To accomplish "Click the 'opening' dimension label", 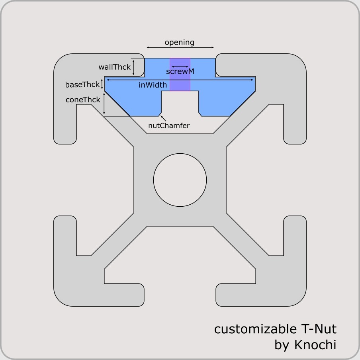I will click(179, 42).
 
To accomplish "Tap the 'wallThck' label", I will click(115, 67).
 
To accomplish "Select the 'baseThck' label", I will click(82, 85).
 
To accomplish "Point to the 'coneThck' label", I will click(83, 100).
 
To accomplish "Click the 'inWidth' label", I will click(153, 85).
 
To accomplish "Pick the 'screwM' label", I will click(180, 72).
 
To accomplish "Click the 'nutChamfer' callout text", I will click(169, 126).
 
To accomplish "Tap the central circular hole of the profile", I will click(180, 179).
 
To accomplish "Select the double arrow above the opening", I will click(180, 47).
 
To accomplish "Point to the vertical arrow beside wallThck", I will click(134, 67).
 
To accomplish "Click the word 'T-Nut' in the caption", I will click(317, 329).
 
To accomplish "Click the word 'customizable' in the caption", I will click(254, 329).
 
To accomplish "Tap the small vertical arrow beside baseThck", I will click(103, 84).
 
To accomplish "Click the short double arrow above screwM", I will click(180, 67).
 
